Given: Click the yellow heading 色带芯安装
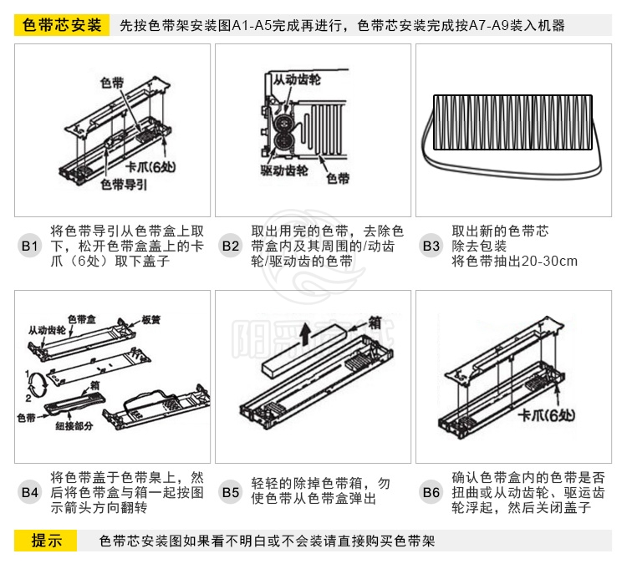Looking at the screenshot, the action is [x=62, y=25].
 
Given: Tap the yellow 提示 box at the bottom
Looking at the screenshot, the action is [x=46, y=541].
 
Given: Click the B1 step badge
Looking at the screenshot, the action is [x=29, y=246].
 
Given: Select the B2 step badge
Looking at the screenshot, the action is [x=231, y=246].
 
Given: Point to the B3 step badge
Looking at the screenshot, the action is [x=431, y=246].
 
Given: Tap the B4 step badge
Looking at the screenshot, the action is [x=29, y=492].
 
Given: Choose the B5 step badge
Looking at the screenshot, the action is [x=231, y=492].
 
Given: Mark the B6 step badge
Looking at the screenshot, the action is [x=431, y=492].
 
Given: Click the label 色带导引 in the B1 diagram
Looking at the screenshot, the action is [x=124, y=184].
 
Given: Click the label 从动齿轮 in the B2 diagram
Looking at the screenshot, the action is [x=297, y=79].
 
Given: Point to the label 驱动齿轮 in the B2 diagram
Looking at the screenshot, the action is [x=284, y=170].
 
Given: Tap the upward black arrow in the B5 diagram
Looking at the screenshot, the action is [x=306, y=334].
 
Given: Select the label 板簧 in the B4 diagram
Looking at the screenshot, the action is [x=151, y=320].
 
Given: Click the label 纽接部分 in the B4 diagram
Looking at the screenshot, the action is [x=74, y=426].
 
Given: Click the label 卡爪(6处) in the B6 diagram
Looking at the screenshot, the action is [x=547, y=415].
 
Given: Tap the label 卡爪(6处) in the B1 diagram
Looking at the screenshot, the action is [x=150, y=166].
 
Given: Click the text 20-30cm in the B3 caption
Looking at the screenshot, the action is [x=549, y=261].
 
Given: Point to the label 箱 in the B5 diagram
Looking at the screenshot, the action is [x=375, y=322].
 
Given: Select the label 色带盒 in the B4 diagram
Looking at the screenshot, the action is [x=82, y=319].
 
